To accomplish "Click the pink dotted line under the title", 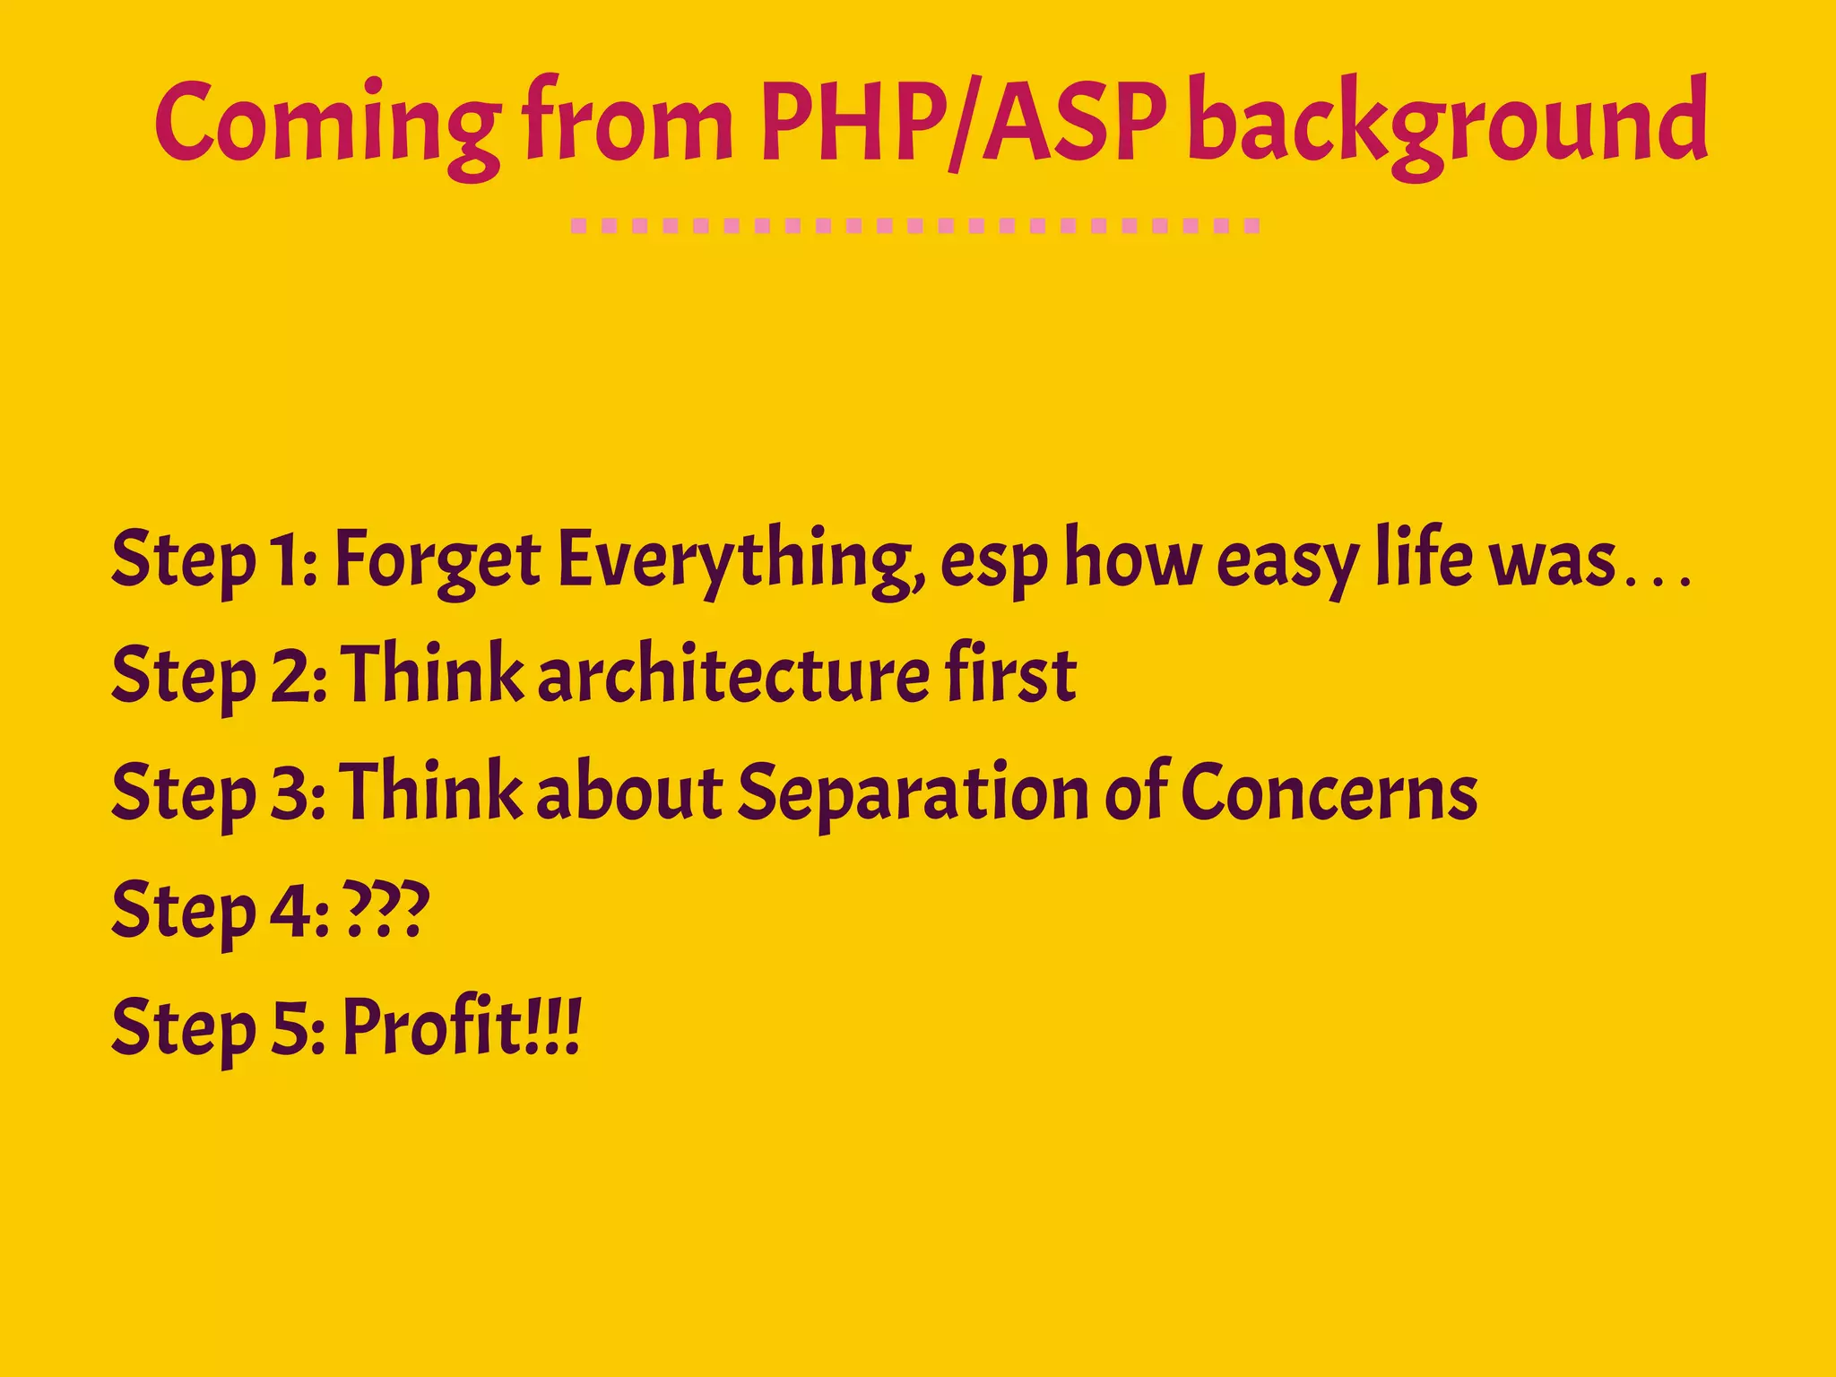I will [x=915, y=226].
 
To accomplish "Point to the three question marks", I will [x=386, y=910].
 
